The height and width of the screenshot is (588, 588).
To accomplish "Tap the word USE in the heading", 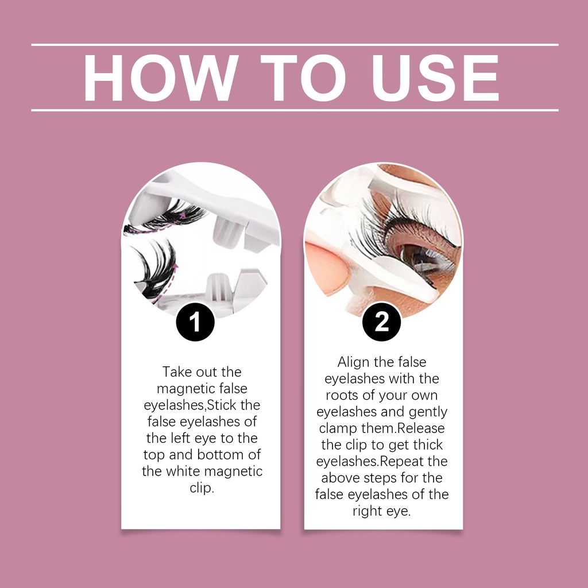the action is [x=435, y=78].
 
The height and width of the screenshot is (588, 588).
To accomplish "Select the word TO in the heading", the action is [x=303, y=78].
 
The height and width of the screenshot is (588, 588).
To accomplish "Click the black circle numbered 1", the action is [x=195, y=322].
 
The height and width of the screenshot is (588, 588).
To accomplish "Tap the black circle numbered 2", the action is [x=382, y=322].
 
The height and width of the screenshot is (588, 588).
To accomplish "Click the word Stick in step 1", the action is [x=222, y=405].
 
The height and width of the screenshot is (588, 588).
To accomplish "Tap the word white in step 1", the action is [x=183, y=471].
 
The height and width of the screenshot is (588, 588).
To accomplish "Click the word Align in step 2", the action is [x=354, y=362].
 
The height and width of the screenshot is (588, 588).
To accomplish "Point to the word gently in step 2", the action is [x=428, y=412].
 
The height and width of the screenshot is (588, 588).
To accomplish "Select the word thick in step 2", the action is [x=428, y=445].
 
